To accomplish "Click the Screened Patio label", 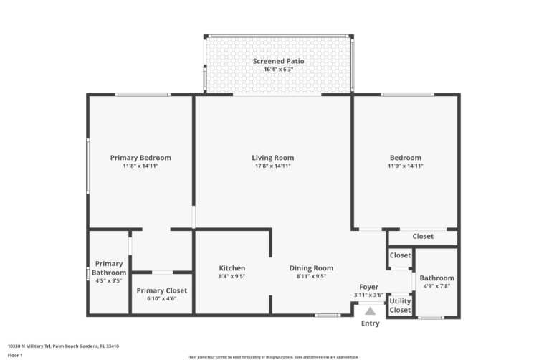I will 278,61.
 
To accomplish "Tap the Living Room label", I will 272,158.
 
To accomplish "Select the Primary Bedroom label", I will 140,158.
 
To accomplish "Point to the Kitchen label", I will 232,268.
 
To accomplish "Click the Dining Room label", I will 311,268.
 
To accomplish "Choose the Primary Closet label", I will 162,290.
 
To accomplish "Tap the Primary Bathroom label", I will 109,268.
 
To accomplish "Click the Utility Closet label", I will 400,305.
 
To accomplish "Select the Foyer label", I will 368,287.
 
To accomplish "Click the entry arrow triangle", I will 370,311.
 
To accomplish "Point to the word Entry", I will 371,323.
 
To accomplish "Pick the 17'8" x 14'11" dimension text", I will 272,166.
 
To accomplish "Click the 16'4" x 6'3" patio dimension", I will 278,70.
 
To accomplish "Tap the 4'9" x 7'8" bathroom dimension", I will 436,286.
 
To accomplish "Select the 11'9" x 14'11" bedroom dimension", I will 405,166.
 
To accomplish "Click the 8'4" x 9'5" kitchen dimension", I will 232,276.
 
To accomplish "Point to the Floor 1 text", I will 15,354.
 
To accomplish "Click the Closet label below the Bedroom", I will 423,237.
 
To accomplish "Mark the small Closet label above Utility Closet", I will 400,255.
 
